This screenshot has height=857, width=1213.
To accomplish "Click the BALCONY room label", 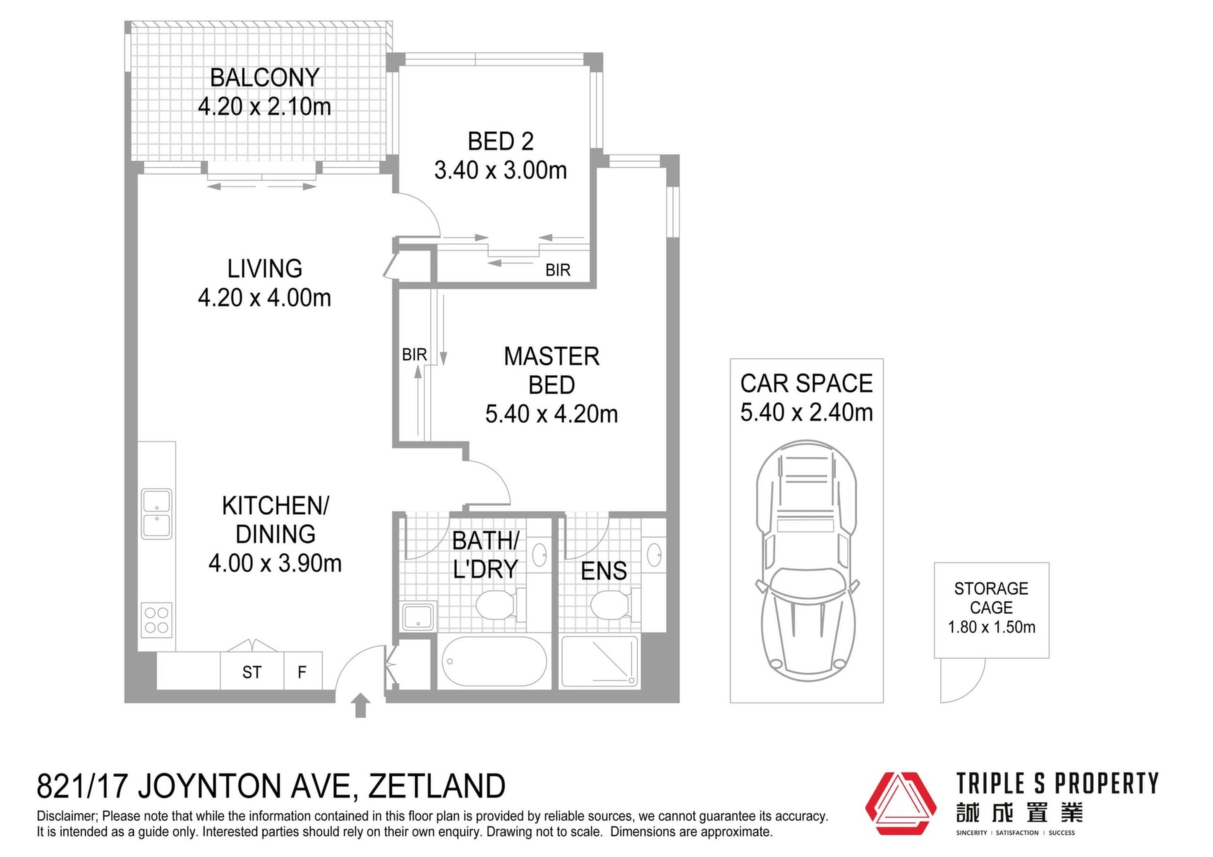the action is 265,78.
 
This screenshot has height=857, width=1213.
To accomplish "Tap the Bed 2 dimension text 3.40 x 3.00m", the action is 500,171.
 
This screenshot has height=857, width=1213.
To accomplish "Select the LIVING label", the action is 265,269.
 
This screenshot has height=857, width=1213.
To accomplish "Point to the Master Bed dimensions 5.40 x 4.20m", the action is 552,414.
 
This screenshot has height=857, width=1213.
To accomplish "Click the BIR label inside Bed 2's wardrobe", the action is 558,270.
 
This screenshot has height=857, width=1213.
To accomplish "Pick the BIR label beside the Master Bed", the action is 414,355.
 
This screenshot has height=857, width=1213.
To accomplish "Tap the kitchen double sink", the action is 156,513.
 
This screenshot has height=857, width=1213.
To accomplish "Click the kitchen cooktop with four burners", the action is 156,620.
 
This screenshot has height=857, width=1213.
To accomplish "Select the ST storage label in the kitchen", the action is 251,673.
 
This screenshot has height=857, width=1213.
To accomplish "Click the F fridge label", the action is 302,673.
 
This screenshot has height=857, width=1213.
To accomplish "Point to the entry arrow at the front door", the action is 361,705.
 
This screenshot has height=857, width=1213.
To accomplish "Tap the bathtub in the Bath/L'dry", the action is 494,662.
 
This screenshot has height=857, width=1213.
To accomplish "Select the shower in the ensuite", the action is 599,662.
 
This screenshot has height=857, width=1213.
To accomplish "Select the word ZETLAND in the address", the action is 437,786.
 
